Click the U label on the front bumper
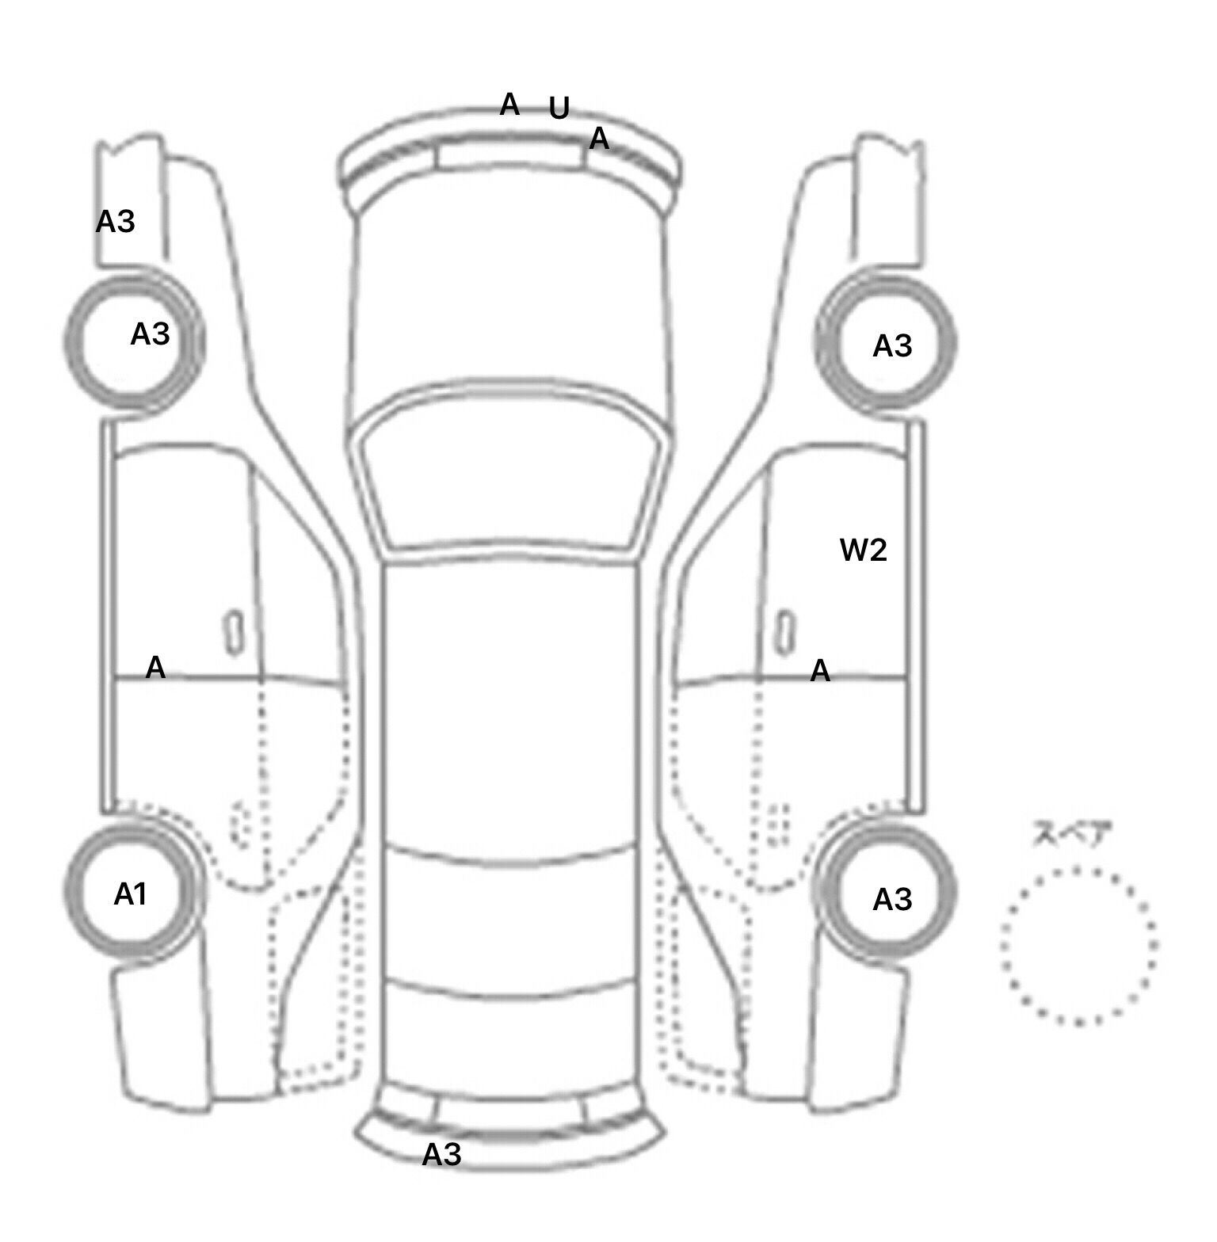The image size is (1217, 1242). (x=559, y=109)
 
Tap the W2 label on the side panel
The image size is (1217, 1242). (x=863, y=550)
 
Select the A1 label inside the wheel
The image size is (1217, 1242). (x=131, y=894)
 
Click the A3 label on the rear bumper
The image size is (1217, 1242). (x=441, y=1155)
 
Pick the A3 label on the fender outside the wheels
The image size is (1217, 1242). (x=116, y=222)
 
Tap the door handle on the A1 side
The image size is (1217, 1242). (x=235, y=632)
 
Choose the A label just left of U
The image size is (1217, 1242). (x=509, y=104)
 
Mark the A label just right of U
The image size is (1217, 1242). (x=599, y=139)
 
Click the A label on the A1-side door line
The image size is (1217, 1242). (x=156, y=668)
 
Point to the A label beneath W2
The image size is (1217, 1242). (x=820, y=672)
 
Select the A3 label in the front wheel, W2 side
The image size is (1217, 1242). (x=892, y=346)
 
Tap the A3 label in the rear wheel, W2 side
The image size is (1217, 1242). (x=892, y=900)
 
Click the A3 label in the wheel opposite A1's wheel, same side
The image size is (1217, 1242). (x=151, y=334)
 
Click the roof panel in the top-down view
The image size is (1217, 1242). (x=511, y=705)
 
